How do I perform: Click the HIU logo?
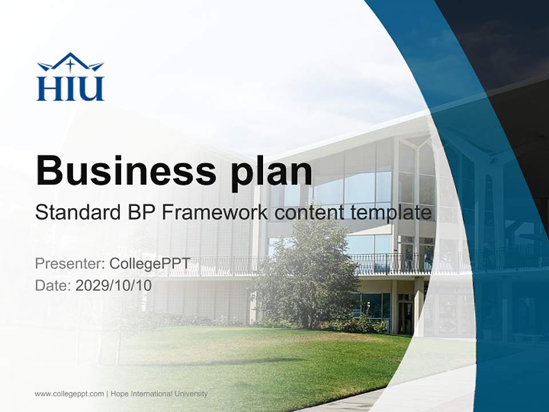(x=70, y=77)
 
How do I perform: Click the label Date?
(x=53, y=286)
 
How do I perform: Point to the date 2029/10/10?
(x=114, y=286)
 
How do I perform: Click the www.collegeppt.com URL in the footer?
(x=69, y=394)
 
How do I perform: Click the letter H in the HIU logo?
(x=47, y=89)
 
